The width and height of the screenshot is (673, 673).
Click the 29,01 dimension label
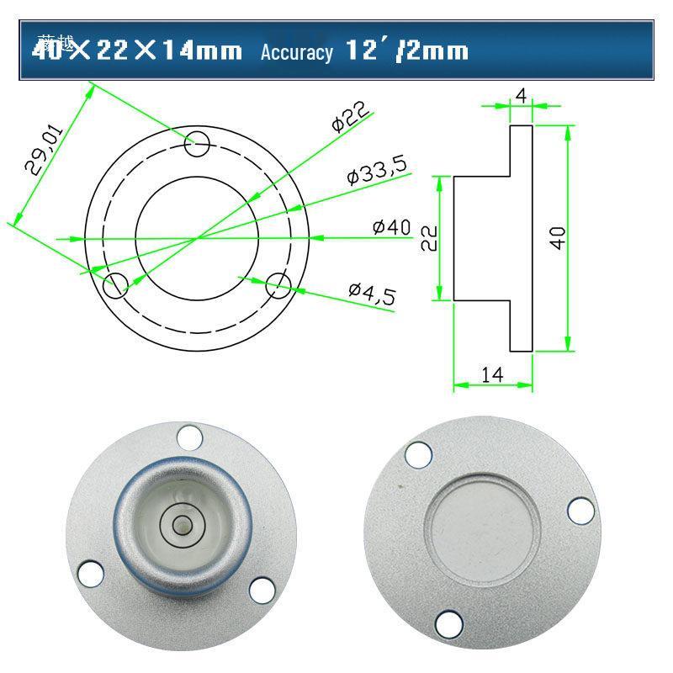point(44,150)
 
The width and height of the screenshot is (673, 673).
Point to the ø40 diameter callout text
point(391,227)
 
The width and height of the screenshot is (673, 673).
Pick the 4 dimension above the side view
point(521,96)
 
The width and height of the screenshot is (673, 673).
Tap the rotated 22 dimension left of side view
point(428,237)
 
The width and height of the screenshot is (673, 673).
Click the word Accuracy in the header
point(296,52)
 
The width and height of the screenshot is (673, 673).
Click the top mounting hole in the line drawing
point(198,144)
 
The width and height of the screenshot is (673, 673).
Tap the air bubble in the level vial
point(180,524)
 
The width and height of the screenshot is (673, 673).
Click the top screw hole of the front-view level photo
point(189,437)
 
